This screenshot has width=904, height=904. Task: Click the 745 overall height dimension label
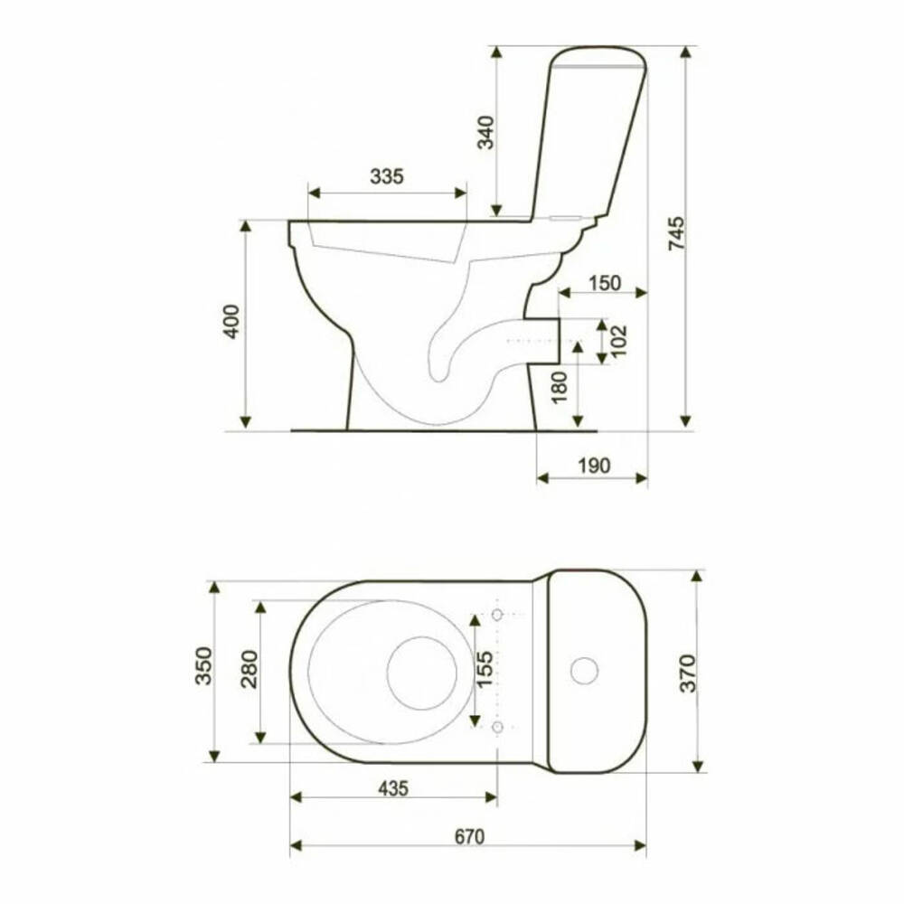[x=676, y=233]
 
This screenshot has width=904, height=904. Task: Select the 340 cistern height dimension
[x=486, y=133]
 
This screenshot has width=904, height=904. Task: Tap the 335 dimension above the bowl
[x=387, y=176]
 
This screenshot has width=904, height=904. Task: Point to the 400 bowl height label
[x=231, y=321]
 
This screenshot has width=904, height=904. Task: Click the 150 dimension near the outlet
[x=605, y=283]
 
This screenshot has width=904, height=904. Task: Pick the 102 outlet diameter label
[x=618, y=341]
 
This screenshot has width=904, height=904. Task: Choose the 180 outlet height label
[x=560, y=388]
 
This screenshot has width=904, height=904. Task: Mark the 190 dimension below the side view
[x=594, y=466]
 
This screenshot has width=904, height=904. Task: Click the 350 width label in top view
[x=203, y=666]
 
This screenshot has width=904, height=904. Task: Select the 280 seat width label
[x=250, y=669]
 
